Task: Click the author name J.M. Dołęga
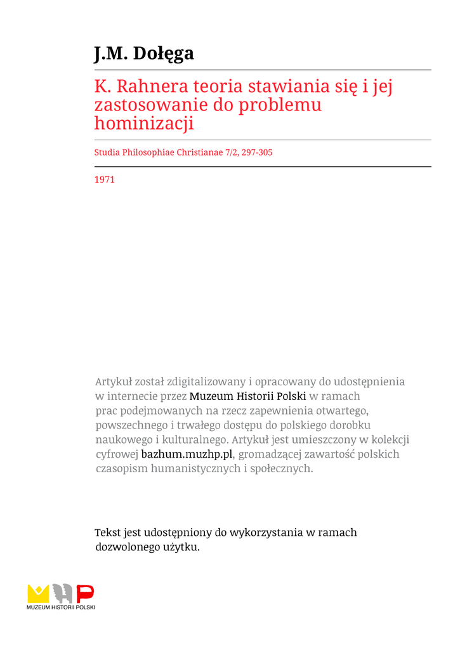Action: pyautogui.click(x=144, y=53)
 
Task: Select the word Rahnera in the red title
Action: pyautogui.click(x=144, y=86)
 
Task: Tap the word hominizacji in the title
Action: pyautogui.click(x=144, y=123)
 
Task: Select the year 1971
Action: pyautogui.click(x=104, y=180)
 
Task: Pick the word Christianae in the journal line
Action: pyautogui.click(x=197, y=152)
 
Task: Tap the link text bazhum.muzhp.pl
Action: pyautogui.click(x=187, y=454)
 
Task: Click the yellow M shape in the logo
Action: pyautogui.click(x=38, y=594)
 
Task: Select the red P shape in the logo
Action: pyautogui.click(x=85, y=594)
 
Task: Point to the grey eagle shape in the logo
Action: pyautogui.click(x=62, y=594)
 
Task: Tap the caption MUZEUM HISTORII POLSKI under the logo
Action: pyautogui.click(x=61, y=607)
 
